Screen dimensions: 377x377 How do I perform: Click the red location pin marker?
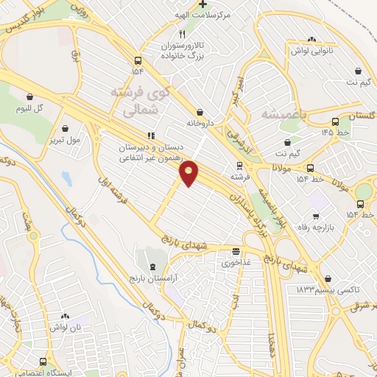pyautogui.click(x=189, y=172)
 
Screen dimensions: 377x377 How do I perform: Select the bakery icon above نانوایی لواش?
pyautogui.click(x=311, y=40)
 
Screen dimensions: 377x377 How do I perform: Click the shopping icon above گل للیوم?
pyautogui.click(x=30, y=97)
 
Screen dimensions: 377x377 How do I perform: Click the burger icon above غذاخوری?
pyautogui.click(x=236, y=251)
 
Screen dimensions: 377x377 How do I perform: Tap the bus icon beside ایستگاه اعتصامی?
pyautogui.click(x=43, y=362)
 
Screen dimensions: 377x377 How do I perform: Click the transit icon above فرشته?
pyautogui.click(x=239, y=166)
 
